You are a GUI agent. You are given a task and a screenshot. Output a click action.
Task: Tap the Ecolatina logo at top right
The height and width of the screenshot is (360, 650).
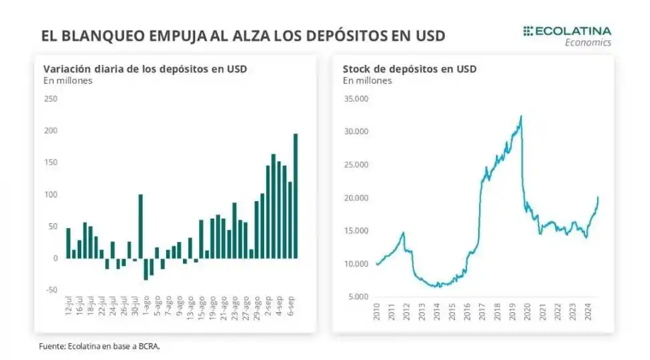(567, 31)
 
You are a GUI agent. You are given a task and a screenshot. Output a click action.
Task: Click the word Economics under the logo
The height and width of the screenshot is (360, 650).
(588, 42)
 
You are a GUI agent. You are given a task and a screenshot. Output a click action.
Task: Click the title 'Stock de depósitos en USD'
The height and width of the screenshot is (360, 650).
(409, 69)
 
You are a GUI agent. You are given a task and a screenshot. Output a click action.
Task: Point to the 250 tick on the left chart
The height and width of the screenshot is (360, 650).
(50, 99)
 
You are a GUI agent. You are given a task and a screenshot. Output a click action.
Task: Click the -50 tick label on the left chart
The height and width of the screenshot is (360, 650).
(50, 290)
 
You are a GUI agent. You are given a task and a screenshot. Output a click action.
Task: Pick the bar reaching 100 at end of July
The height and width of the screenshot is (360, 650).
(141, 226)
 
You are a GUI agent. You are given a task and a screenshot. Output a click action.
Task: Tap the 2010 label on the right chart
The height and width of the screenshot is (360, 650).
(377, 312)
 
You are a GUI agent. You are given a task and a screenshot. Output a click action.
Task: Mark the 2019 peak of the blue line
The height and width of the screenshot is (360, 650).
(521, 117)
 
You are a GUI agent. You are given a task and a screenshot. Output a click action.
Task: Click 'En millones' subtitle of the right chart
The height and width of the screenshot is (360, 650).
(367, 80)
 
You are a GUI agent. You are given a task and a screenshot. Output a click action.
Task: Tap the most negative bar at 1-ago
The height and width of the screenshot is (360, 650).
(146, 269)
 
